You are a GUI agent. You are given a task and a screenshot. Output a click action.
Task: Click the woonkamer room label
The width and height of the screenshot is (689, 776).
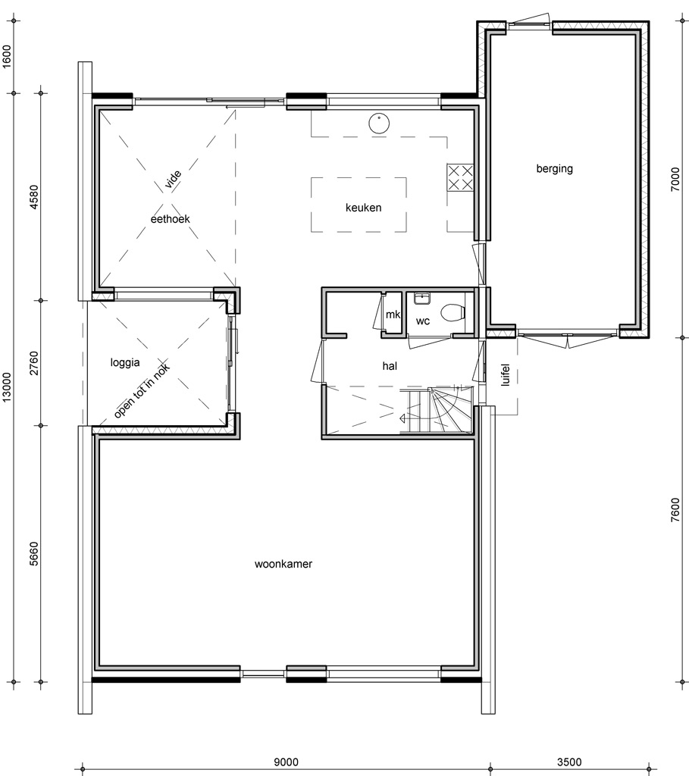(x=283, y=564)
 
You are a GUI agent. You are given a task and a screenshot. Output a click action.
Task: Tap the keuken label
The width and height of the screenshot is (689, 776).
(x=363, y=208)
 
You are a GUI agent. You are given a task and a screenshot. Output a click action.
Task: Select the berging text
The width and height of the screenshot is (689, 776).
(x=554, y=169)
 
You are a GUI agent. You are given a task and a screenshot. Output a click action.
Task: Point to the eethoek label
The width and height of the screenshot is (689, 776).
(x=170, y=219)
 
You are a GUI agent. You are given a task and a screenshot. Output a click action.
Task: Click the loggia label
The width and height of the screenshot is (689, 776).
(x=125, y=363)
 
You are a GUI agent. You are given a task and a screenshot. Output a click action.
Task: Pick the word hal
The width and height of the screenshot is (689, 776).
(x=390, y=366)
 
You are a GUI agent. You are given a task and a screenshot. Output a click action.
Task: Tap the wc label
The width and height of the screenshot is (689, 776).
(x=423, y=321)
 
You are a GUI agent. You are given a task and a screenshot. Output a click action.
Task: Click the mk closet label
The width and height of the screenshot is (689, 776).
(x=393, y=314)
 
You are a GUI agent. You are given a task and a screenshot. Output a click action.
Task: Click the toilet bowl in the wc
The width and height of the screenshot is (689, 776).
(x=454, y=313)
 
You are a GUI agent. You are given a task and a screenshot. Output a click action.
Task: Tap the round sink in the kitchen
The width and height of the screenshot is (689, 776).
(x=379, y=124)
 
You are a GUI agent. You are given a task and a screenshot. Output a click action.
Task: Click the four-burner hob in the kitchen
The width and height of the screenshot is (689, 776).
(x=460, y=178)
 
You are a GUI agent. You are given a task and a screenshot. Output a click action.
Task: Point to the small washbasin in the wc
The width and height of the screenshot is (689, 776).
(x=421, y=299)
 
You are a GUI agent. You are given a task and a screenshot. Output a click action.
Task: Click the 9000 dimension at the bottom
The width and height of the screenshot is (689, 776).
(x=286, y=762)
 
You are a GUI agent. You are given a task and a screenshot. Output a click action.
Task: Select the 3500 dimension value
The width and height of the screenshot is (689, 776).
(x=569, y=762)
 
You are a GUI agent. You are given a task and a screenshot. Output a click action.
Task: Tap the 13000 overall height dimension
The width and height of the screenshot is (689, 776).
(x=6, y=388)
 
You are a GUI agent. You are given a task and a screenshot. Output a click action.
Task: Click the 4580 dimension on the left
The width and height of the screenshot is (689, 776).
(x=33, y=197)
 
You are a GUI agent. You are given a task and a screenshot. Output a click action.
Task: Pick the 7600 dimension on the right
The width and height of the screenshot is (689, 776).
(x=675, y=510)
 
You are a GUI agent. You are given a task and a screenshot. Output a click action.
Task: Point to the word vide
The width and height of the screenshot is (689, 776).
(x=173, y=180)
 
